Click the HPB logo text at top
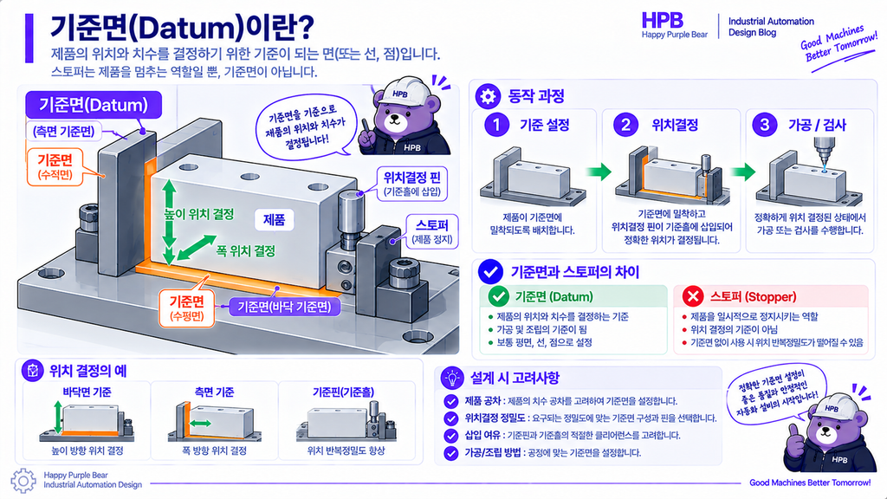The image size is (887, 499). (662, 21)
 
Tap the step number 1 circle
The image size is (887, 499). (496, 125)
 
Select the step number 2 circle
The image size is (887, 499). (625, 125)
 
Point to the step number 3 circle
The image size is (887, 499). (764, 125)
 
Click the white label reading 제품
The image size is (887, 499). (275, 219)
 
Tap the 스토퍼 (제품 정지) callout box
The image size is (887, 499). (432, 231)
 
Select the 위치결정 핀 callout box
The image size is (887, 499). (412, 184)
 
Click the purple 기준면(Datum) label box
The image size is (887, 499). (94, 105)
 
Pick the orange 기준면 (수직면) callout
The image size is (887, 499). (55, 166)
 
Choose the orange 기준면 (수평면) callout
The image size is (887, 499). (187, 308)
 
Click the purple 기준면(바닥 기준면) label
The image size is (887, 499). (284, 308)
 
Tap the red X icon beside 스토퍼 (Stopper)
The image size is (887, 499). (693, 296)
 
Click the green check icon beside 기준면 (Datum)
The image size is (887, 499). (498, 296)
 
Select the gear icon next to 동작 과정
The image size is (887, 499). (488, 96)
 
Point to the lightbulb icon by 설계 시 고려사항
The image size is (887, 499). (451, 378)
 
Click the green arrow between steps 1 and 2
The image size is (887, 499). (599, 172)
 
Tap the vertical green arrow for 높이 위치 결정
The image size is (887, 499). (169, 223)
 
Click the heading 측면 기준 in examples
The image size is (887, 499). (215, 392)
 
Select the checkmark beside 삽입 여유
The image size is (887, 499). (450, 436)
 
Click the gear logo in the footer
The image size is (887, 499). (23, 481)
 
